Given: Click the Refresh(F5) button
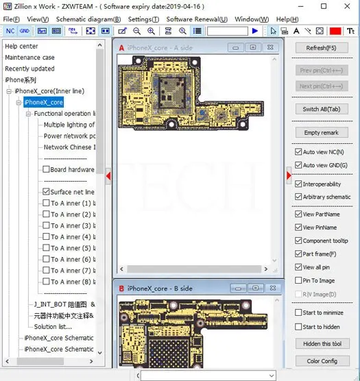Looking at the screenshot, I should [321, 48].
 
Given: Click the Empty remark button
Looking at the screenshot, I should [321, 132].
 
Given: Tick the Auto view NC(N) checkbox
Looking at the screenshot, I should [298, 152].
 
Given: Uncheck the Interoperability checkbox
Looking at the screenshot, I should [298, 184].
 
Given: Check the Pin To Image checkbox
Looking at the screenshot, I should [298, 280].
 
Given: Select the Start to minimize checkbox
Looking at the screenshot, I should [298, 313].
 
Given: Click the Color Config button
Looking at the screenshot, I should [321, 361].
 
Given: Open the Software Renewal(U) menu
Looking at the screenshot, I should [197, 19].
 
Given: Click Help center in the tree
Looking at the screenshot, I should [21, 47].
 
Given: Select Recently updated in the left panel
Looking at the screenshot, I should [29, 69].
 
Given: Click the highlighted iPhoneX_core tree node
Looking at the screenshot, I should [43, 102].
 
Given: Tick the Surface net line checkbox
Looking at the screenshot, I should [46, 193].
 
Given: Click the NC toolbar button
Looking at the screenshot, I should [10, 31].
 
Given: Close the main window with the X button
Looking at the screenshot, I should [346, 6].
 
